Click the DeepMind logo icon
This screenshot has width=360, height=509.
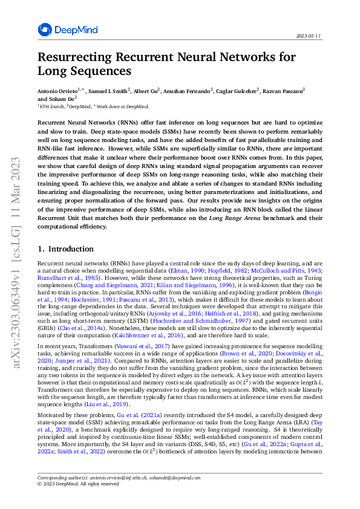pos(45,30)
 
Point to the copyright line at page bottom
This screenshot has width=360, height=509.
pos(78,484)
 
